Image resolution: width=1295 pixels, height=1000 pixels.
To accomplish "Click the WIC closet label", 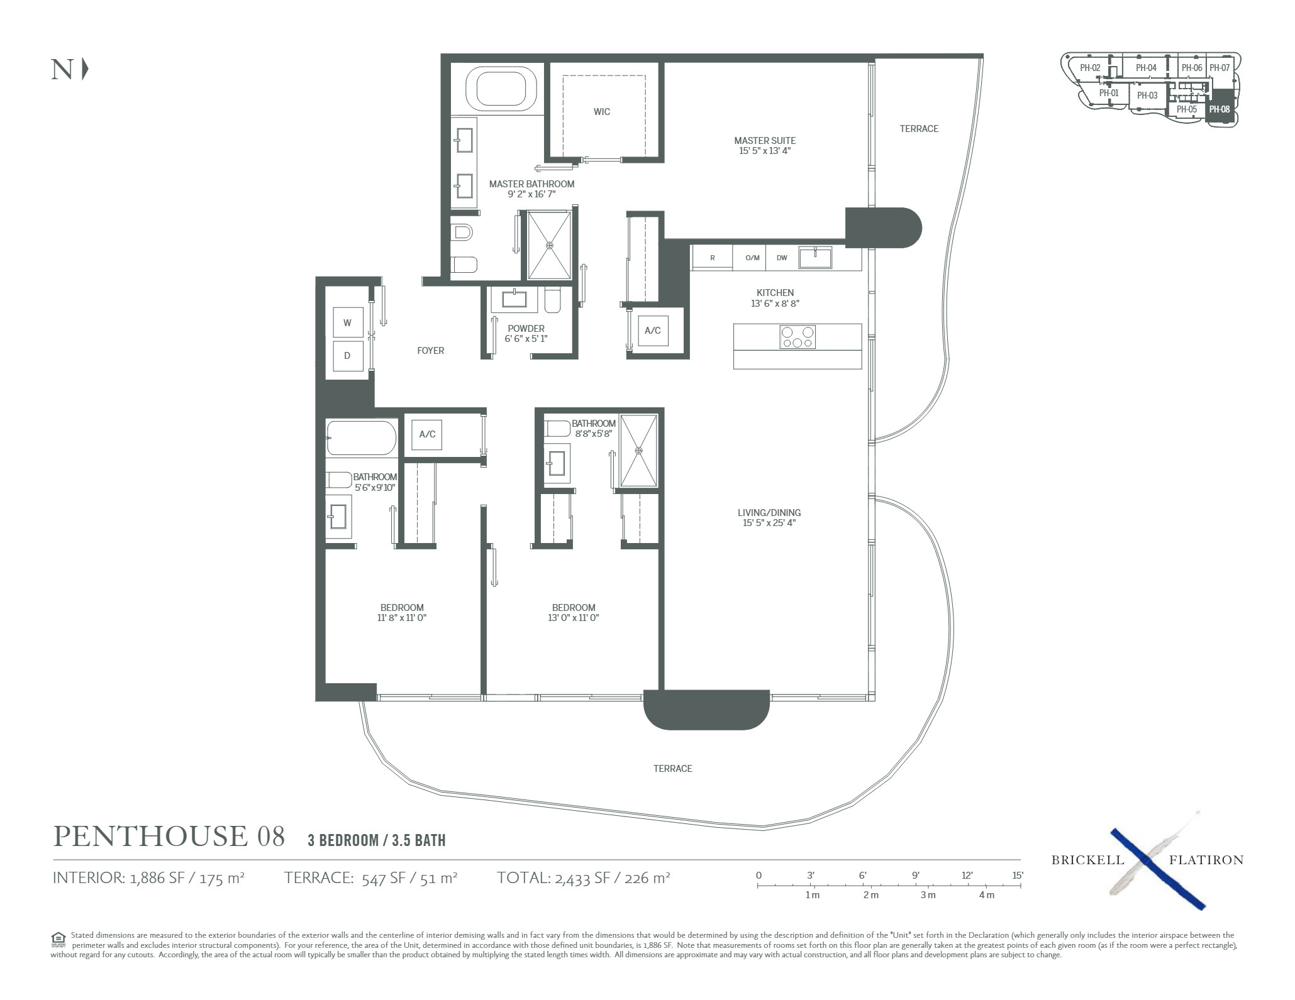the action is tap(602, 112).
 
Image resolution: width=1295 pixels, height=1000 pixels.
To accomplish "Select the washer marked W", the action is tap(347, 322).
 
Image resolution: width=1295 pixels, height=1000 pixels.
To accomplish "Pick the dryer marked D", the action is tap(347, 356).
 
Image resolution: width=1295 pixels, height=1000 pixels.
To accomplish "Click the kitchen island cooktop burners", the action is tap(798, 337).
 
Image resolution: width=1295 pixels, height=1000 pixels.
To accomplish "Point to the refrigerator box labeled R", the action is tap(713, 258).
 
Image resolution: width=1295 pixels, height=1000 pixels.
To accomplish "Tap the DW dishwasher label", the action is tap(782, 258).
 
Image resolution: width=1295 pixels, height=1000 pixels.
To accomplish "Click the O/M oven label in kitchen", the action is tap(752, 258).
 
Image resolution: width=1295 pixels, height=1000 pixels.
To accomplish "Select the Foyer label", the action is tap(431, 351).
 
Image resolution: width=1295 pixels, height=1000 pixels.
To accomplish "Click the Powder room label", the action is tap(526, 329).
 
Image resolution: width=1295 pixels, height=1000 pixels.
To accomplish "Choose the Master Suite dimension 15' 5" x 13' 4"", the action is tap(765, 151).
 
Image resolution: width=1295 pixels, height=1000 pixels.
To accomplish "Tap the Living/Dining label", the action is tap(769, 513).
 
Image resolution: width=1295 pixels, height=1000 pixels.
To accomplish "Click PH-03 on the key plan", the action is tap(1147, 96).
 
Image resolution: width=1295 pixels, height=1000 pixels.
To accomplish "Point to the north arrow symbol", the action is tap(86, 69).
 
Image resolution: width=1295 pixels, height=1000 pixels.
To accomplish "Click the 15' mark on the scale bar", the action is tap(1018, 876).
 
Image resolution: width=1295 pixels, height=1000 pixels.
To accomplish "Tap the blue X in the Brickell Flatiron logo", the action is tap(1157, 868).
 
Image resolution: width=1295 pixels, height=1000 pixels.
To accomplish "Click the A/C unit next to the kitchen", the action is tap(653, 331).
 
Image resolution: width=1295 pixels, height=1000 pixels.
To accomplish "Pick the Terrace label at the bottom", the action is tap(672, 768).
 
